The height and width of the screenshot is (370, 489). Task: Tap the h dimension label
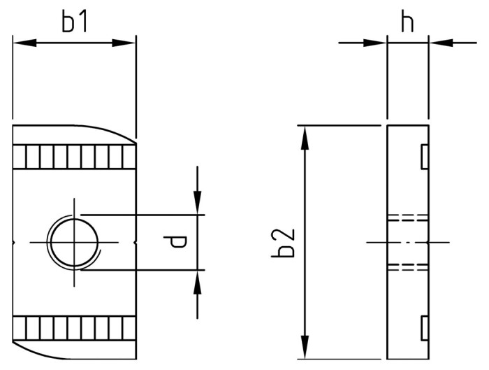click(407, 22)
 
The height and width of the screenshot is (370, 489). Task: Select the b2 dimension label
click(282, 242)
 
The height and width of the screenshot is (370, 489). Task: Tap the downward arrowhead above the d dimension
click(198, 204)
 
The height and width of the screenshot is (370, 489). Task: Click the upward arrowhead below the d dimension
click(198, 279)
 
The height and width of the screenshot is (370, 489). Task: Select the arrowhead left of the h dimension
click(377, 43)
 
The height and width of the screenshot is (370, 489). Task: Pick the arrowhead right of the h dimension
click(437, 43)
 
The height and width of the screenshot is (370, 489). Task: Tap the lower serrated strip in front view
click(73, 327)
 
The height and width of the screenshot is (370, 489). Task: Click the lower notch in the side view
click(423, 327)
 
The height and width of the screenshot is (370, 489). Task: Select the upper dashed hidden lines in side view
click(407, 217)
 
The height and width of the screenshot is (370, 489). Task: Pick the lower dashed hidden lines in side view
click(407, 266)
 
